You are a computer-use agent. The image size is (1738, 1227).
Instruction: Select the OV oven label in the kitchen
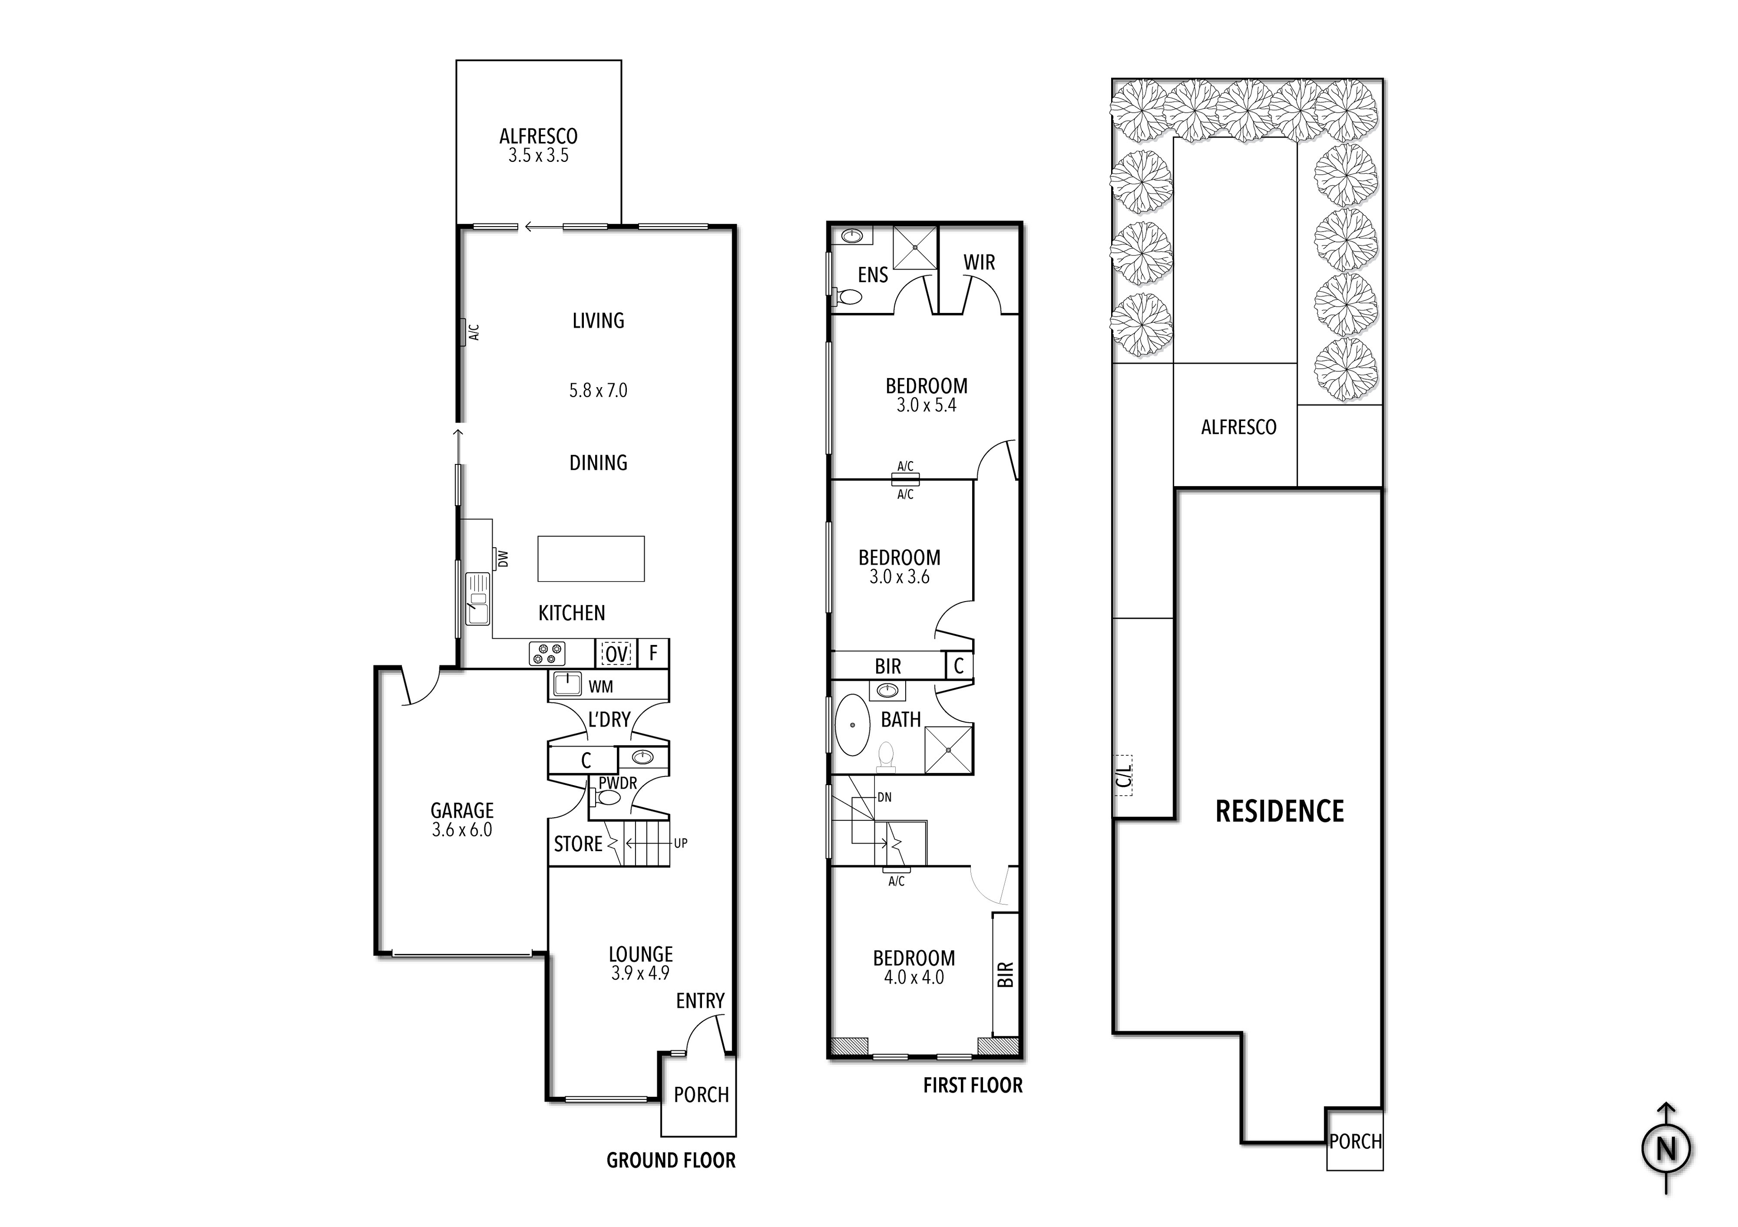(616, 654)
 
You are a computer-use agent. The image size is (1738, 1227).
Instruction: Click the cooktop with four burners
(547, 654)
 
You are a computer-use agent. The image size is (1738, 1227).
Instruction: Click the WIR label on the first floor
(979, 262)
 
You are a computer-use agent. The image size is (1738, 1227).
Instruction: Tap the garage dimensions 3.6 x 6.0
(462, 830)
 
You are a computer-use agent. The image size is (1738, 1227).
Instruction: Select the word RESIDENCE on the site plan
(1279, 812)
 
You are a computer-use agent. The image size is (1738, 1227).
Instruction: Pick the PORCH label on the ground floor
(701, 1094)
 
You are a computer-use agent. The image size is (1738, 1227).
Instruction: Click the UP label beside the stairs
(681, 843)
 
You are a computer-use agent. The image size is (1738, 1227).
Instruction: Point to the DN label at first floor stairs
(884, 797)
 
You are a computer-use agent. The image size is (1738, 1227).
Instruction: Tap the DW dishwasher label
(503, 558)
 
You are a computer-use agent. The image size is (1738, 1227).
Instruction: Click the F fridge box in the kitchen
(653, 653)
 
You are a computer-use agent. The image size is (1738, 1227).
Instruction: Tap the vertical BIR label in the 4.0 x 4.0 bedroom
(1005, 974)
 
